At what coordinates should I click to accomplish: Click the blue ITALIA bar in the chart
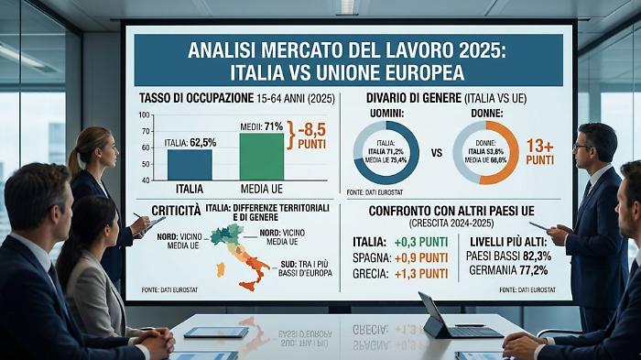tap(190, 164)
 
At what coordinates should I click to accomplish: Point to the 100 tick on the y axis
tap(144, 115)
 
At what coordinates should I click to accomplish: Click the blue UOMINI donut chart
tap(386, 152)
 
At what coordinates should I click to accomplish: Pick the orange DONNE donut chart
tap(485, 152)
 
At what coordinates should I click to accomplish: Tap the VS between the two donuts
tap(436, 153)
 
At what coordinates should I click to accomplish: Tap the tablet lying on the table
tap(216, 333)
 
